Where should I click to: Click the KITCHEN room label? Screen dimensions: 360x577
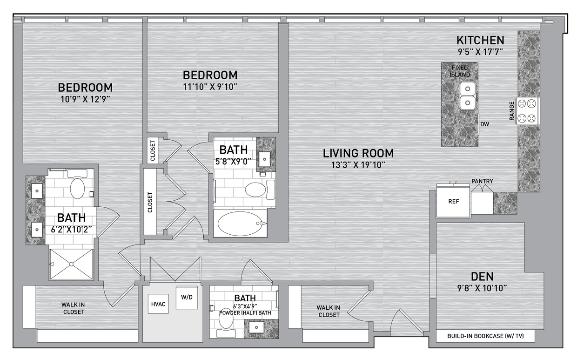coord(480,40)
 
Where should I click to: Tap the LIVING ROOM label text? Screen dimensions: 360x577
coord(358,153)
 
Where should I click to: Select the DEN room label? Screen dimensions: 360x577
coord(482,276)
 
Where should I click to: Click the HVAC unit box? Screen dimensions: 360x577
coord(156,303)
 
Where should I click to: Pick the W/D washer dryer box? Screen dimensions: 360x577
coord(186,296)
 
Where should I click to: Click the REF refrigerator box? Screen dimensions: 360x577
coord(453,202)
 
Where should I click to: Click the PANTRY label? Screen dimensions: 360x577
coord(482,181)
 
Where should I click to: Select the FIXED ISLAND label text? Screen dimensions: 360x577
coord(460,71)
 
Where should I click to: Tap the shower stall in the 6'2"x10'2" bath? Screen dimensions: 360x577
coord(71,264)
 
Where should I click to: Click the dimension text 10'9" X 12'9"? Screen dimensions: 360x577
coord(85,99)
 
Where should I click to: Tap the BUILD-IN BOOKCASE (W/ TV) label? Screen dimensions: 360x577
coord(485,336)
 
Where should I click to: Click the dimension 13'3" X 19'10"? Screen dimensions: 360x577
coord(358,164)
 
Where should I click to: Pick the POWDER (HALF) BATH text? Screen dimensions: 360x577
coord(245,313)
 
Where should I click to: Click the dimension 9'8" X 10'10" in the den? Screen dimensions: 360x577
coord(482,288)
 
